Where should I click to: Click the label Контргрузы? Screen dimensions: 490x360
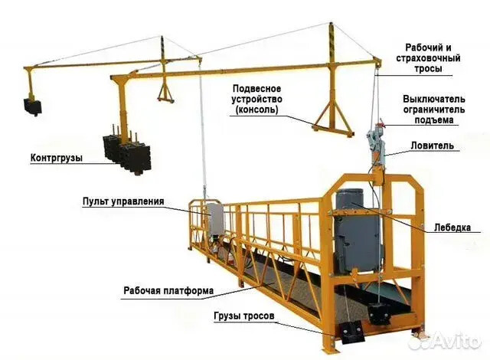coord(57,158)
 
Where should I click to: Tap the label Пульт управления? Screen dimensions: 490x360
coord(123,201)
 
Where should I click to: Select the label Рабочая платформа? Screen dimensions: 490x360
coord(168,290)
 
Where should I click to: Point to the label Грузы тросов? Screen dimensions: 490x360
coord(244,316)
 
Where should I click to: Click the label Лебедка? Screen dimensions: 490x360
coord(452,227)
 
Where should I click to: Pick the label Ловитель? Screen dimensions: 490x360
coord(432,146)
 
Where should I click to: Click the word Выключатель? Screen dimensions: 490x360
coord(434,100)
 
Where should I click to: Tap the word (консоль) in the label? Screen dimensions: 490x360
coord(256,110)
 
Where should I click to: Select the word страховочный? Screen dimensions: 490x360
coord(429,58)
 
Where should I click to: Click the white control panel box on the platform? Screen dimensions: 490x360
coord(216,219)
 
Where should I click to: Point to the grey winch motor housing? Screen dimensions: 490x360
coord(358,231)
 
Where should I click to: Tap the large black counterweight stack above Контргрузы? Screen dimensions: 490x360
coord(127,153)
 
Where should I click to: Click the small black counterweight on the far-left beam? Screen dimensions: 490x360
coord(33,106)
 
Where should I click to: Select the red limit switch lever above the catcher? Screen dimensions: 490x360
coord(381,123)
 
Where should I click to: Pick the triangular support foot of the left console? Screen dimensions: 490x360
coord(165,93)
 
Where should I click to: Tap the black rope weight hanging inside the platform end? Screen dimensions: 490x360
coord(380,314)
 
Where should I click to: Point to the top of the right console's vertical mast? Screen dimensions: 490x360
coord(331,24)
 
